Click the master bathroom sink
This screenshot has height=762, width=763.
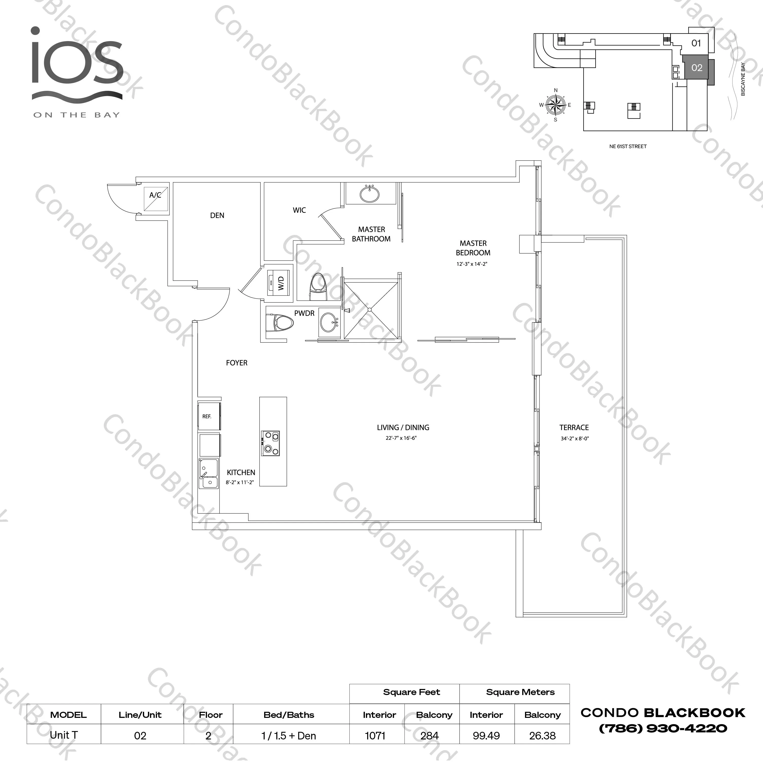coord(370,194)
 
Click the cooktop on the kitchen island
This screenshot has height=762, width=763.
coord(270,443)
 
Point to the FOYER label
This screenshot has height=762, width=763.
coord(236,363)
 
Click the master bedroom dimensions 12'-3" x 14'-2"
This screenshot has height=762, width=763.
coord(472,264)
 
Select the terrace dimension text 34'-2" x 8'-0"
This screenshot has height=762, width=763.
coord(575,439)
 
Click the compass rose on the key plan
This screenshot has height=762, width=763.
coord(556,105)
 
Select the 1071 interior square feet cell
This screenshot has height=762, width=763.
coord(375,736)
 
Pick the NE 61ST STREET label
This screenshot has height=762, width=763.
coord(628,146)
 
